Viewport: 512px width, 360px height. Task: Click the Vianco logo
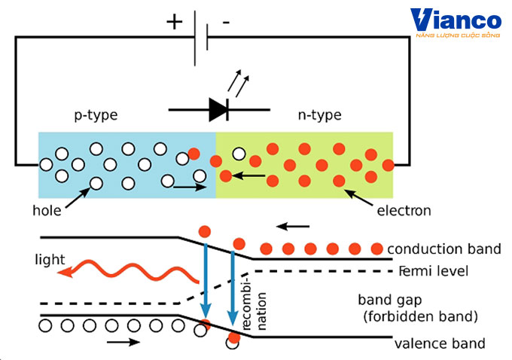(x=456, y=26)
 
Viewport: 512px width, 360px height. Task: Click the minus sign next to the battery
(x=226, y=23)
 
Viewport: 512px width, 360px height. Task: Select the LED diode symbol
(x=219, y=109)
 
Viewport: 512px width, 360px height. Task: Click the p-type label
(x=96, y=115)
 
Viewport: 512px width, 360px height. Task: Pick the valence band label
(x=440, y=344)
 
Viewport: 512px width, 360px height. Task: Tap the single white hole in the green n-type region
(x=239, y=154)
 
